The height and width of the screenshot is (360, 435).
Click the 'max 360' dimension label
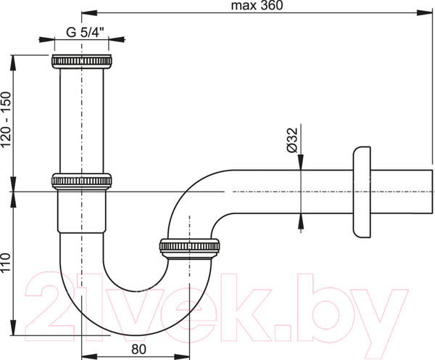click(257, 6)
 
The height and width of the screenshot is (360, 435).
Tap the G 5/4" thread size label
click(85, 33)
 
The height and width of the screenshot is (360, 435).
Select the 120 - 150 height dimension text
click(6, 120)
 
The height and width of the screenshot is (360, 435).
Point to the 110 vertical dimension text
click(6, 262)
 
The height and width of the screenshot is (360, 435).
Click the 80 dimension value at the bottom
click(138, 349)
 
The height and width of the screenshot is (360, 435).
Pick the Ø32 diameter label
click(292, 140)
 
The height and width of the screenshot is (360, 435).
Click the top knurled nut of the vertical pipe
click(82, 62)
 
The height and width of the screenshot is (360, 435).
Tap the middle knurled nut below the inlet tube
click(82, 181)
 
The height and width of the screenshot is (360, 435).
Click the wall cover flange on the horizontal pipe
click(362, 192)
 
